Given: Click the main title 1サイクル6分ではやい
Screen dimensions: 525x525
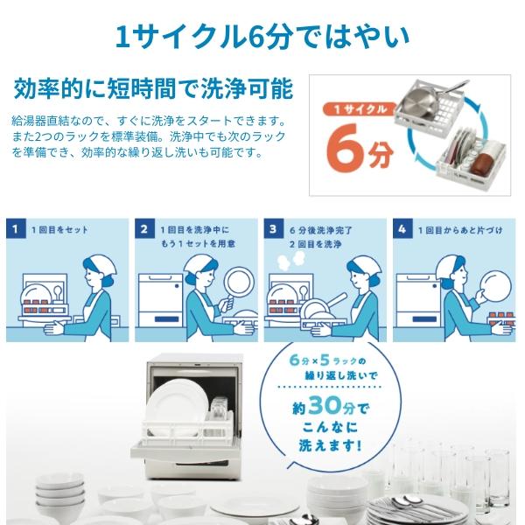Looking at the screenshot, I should tap(262, 36).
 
